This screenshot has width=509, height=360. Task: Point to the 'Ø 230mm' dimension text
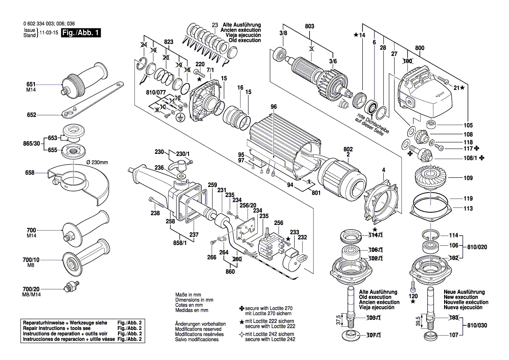tap(97, 162)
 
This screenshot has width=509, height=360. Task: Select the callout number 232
tap(302, 238)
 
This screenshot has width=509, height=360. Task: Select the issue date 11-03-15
tap(48, 33)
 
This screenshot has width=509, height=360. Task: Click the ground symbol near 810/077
tap(179, 117)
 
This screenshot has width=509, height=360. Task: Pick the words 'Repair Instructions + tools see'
tap(57, 328)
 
